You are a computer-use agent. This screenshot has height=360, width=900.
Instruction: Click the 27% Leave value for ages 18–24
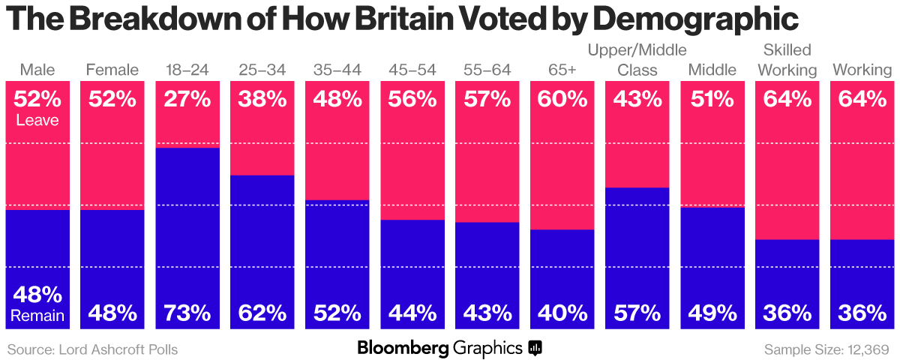point(187,99)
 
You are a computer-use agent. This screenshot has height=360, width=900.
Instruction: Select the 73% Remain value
point(187,312)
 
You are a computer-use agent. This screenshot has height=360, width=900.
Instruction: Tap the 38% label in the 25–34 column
point(262,99)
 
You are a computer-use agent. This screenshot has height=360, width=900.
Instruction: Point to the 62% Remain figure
point(262,312)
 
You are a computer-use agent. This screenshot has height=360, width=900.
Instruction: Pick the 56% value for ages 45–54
point(412,99)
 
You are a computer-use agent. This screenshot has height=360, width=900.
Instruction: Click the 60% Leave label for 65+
point(562,99)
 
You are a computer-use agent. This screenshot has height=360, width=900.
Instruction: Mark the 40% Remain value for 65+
point(562,312)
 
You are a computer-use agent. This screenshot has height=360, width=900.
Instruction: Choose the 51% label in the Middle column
point(712,99)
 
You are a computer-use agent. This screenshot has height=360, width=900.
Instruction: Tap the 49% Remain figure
point(712,312)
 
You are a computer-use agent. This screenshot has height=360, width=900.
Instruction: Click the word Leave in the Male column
point(37,119)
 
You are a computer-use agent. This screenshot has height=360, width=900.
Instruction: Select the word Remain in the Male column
point(37,316)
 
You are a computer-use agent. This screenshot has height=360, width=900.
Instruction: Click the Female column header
point(112,70)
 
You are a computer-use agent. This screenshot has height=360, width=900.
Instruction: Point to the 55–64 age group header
point(487,70)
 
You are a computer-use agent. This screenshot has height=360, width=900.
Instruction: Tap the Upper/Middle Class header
point(637,61)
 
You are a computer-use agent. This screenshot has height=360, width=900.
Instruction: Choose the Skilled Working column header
point(787,61)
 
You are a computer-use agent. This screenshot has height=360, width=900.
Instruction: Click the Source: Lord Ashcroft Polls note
point(93,349)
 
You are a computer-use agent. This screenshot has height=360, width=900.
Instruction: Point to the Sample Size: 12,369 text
point(826,349)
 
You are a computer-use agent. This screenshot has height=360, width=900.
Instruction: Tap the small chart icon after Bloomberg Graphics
point(535,348)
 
